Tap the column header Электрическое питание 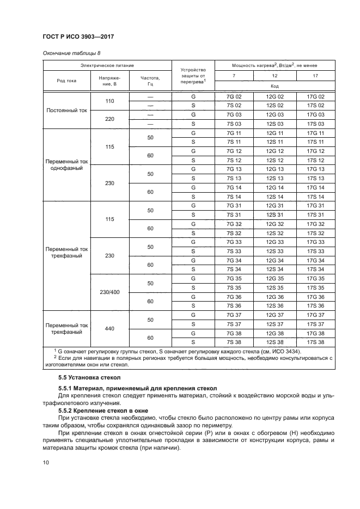[x=107, y=65]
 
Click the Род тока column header [x=66, y=81]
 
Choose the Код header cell [x=274, y=86]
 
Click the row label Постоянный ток [x=66, y=110]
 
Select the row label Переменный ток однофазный [x=66, y=164]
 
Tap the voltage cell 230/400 [x=109, y=292]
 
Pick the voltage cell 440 [x=109, y=328]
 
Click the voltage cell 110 [x=109, y=101]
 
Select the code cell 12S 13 [x=274, y=178]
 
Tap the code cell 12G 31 [x=274, y=205]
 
